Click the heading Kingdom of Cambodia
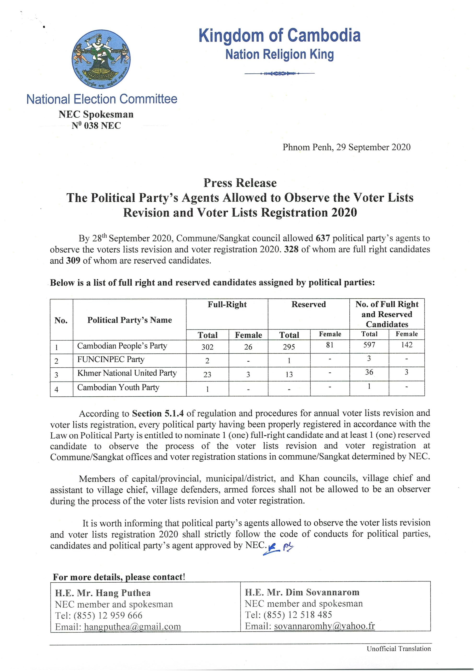pos(279,35)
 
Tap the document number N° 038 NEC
pos(96,126)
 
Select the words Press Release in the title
pos(240,183)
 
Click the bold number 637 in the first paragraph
pos(323,238)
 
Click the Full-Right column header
pos(227,304)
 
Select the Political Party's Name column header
pos(129,320)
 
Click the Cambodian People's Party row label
pos(122,346)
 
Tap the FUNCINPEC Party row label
pos(111,359)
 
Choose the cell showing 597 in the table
pos(369,345)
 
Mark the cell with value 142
pos(406,345)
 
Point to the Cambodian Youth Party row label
pos(118,388)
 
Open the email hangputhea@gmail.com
pos(132,627)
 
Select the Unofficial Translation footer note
pos(399,649)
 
